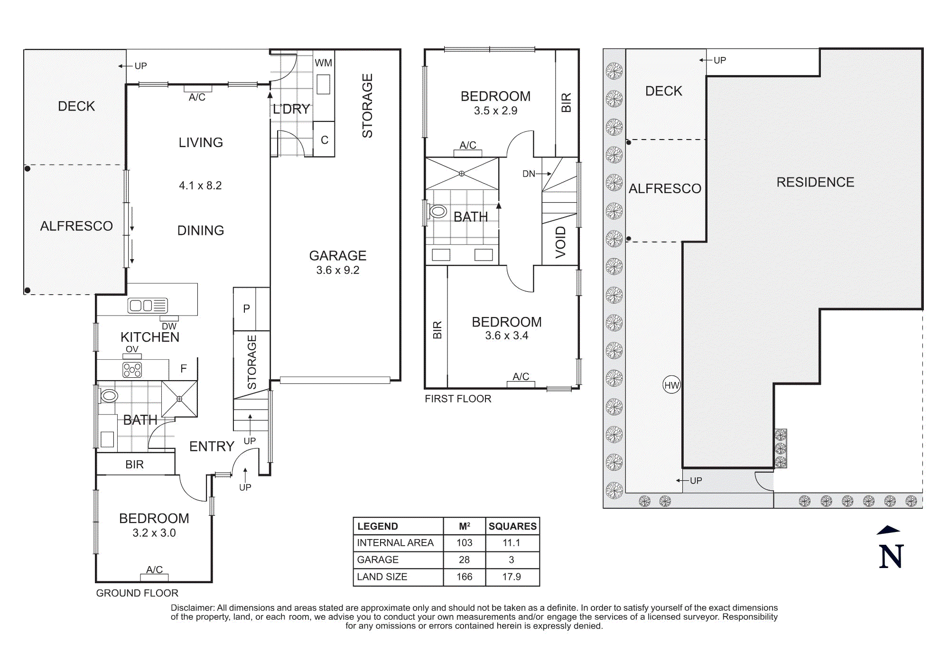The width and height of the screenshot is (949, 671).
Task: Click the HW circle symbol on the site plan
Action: (x=671, y=385)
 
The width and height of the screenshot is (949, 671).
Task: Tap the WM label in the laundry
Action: (x=323, y=63)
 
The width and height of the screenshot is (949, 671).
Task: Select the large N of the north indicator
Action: (x=891, y=556)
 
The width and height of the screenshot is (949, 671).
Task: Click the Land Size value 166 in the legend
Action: (x=464, y=577)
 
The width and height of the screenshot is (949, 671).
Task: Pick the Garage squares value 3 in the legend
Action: (x=511, y=559)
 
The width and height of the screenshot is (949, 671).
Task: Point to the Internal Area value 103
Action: (x=464, y=542)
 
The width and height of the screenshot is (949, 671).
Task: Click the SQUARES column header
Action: (x=512, y=526)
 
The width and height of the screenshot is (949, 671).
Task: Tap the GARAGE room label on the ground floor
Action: (x=337, y=256)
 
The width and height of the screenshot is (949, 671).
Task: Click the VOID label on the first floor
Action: (x=560, y=242)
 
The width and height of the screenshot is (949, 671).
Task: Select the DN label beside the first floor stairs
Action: (x=529, y=174)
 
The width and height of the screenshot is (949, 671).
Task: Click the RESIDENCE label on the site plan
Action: (x=815, y=182)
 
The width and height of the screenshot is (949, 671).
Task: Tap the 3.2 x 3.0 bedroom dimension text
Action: (x=154, y=533)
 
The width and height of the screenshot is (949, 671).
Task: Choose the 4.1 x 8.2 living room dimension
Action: (x=200, y=186)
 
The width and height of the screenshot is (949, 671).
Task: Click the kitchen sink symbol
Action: (x=148, y=305)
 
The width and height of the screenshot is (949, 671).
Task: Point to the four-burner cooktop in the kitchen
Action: (x=132, y=370)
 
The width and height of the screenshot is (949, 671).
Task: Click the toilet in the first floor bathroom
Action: (x=437, y=212)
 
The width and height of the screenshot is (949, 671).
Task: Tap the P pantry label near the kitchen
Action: (x=246, y=308)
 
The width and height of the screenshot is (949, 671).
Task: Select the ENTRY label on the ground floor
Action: (x=212, y=447)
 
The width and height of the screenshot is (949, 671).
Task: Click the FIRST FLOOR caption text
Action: (x=458, y=399)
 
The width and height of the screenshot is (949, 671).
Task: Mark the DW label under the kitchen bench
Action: (x=169, y=326)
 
